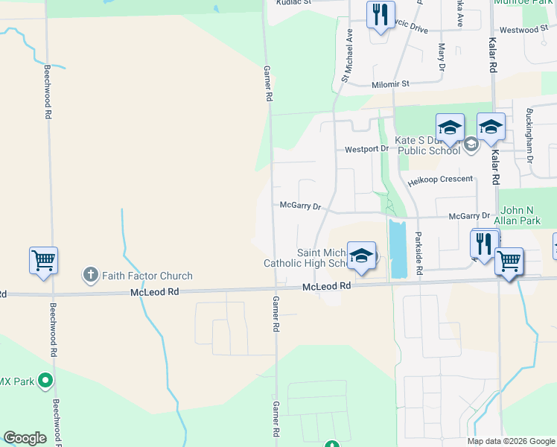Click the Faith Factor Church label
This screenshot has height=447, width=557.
147,276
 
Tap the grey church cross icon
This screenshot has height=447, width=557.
90,276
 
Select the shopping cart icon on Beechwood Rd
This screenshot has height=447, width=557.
43,261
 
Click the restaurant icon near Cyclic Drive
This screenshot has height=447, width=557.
380,15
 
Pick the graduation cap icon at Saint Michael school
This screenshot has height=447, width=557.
361,255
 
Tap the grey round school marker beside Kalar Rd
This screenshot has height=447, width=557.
471,144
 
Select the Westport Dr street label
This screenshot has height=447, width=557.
366,149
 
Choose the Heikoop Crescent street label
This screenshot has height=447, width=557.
440,180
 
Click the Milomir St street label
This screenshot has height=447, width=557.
391,84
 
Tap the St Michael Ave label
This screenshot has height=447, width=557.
346,56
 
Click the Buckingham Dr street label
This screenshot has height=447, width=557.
529,136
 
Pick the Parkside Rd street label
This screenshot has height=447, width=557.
419,257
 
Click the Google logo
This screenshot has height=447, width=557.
25,438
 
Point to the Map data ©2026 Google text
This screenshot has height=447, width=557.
510,441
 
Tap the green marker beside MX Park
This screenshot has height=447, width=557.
45,381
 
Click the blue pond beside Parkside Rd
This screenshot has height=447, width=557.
397,247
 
